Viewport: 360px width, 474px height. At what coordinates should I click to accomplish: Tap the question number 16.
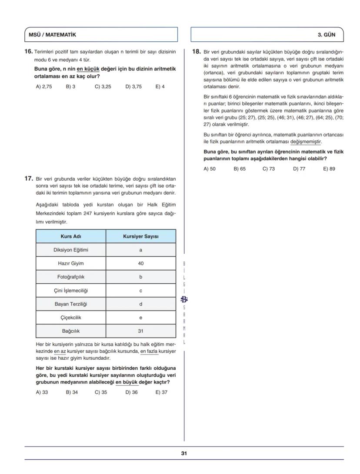28,52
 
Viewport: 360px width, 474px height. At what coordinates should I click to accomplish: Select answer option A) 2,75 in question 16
44,86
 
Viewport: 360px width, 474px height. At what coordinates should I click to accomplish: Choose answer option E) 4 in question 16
160,86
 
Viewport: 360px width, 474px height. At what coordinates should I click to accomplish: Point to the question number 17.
28,178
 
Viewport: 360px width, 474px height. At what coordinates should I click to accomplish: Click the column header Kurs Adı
71,236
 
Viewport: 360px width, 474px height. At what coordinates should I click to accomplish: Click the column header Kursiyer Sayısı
141,236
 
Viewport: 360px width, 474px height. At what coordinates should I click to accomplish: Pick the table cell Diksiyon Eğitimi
71,250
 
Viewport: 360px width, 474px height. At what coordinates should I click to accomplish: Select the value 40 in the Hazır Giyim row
141,263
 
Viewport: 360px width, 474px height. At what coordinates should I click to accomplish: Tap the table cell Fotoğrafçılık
71,277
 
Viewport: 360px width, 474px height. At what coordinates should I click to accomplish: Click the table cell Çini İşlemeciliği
71,290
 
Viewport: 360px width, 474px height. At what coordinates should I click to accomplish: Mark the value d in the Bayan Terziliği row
141,304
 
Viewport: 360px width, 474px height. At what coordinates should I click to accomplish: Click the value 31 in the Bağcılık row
141,331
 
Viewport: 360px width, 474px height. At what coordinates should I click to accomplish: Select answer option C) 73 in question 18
269,169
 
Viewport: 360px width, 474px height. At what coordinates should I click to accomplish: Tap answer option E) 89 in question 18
329,169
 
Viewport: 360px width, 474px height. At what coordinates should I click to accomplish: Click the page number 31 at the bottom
184,453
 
